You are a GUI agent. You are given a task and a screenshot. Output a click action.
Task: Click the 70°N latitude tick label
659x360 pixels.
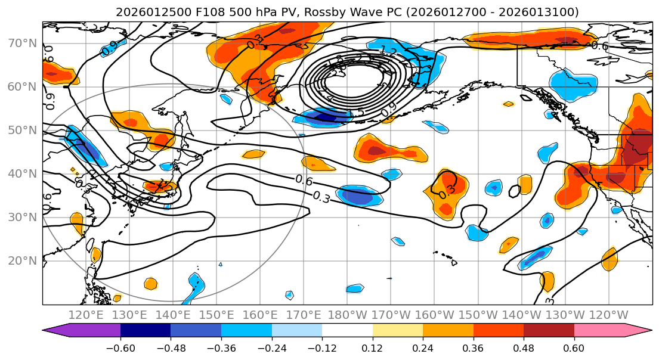click(21, 44)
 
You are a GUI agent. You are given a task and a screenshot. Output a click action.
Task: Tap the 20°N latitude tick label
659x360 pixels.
click(21, 261)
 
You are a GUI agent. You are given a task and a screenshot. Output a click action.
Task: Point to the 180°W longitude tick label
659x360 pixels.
click(347, 314)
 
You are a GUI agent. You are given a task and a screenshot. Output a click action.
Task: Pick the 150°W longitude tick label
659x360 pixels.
click(477, 314)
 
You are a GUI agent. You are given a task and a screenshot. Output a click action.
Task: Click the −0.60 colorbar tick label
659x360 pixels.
click(120, 347)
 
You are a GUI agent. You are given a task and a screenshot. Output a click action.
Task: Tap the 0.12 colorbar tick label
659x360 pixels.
click(372, 347)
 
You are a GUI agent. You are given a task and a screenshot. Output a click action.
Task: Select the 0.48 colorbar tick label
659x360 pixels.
click(524, 347)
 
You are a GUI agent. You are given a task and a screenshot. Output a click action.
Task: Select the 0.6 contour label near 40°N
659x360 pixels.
click(304, 180)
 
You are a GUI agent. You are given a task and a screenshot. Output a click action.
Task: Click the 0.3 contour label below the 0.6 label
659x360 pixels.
click(321, 198)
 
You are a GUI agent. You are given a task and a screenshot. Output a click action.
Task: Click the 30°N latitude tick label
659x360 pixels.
click(21, 218)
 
